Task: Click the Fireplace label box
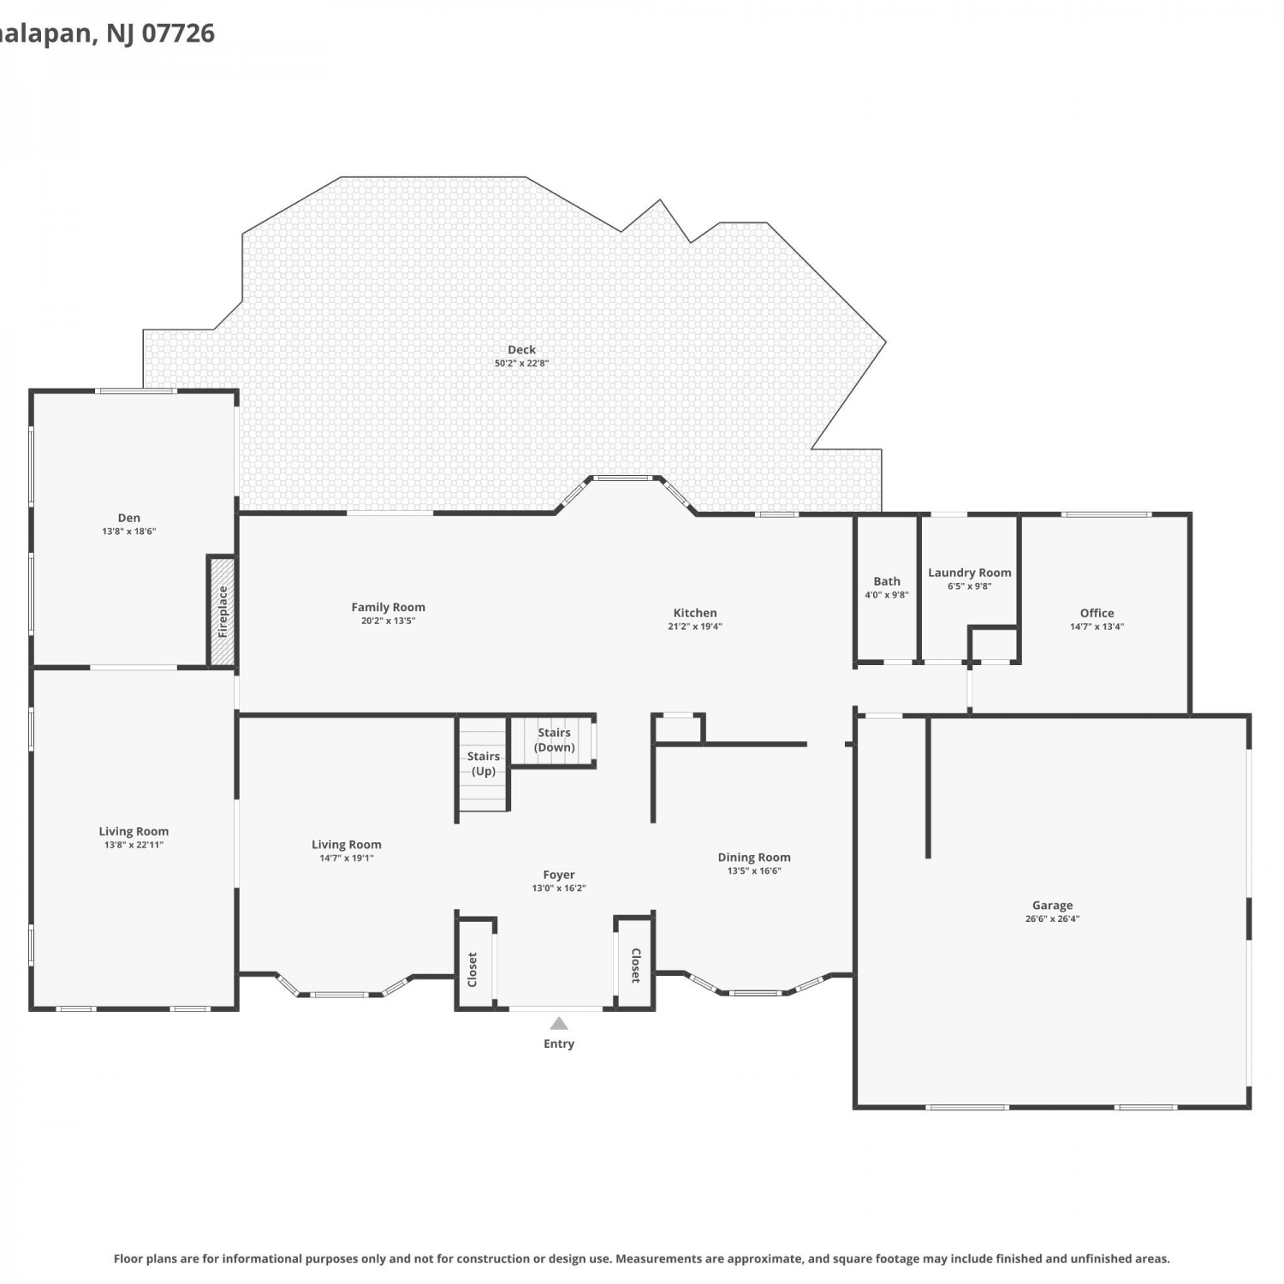(223, 611)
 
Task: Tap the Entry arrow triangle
(559, 1023)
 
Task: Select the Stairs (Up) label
(484, 764)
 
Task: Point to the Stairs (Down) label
(555, 740)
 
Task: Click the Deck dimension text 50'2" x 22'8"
(521, 363)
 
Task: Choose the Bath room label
(887, 581)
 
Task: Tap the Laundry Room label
(970, 573)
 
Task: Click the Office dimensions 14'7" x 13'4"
(1097, 627)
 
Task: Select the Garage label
(1052, 905)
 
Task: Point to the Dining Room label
(754, 857)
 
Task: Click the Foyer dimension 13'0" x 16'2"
(559, 889)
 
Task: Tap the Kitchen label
(695, 613)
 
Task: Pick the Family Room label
(388, 607)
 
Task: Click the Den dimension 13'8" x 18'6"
(129, 532)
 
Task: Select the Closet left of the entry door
(473, 969)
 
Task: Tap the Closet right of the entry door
(636, 965)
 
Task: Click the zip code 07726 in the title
(178, 33)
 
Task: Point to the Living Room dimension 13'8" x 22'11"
(134, 845)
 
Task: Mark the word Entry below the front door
(559, 1043)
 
